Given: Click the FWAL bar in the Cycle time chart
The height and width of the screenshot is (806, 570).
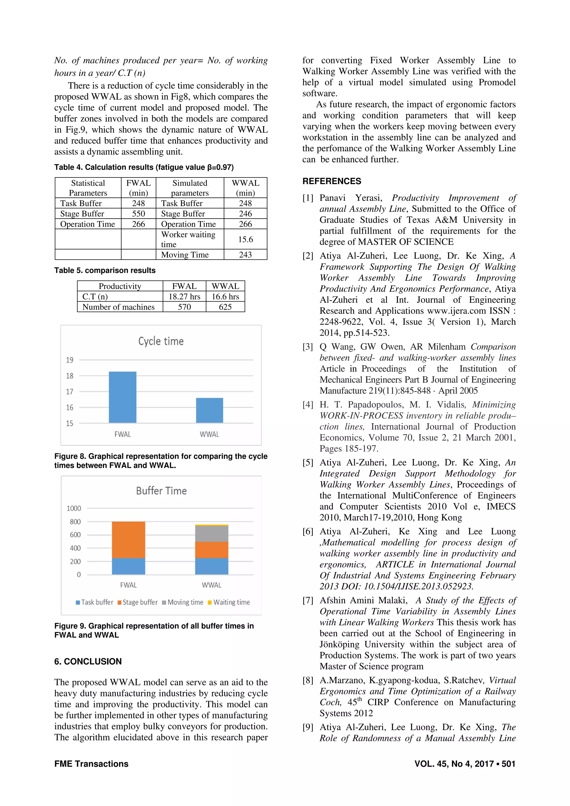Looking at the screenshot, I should tap(122, 397).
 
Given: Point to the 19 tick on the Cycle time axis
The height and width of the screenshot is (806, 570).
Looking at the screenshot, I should tap(70, 360).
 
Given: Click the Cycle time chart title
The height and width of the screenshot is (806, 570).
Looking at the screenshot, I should tap(161, 341).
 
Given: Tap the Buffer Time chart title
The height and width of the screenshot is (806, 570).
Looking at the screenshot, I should tap(161, 491).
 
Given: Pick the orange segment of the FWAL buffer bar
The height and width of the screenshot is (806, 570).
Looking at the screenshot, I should tap(128, 540).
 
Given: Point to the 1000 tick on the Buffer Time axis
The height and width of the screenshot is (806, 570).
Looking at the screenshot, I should tap(74, 508).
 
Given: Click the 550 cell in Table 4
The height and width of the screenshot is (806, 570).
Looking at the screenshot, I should tap(138, 214).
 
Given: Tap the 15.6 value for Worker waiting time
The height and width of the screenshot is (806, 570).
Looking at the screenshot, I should tap(245, 239).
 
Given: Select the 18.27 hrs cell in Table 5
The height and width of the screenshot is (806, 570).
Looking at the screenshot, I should tap(184, 297).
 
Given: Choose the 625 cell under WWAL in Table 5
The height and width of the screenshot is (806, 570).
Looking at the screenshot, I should tap(225, 307).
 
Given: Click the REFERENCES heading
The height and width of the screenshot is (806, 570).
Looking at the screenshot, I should tap(331, 181).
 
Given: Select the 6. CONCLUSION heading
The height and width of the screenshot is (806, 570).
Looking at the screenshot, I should tap(88, 661).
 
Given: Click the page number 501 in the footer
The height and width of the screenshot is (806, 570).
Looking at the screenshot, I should tap(508, 764).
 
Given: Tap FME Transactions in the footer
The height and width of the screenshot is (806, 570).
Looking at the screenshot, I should tap(91, 764).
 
